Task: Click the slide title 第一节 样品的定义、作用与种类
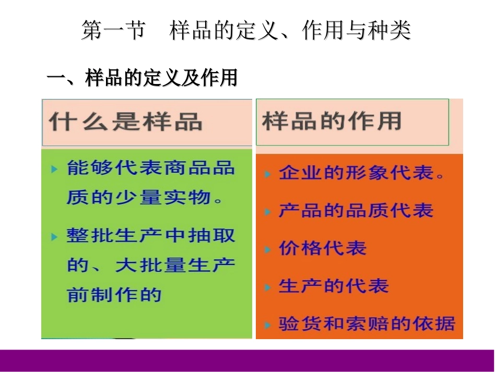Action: [246, 31]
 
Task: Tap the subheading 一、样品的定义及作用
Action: [143, 78]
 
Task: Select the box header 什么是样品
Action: [126, 122]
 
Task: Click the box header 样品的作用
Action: [332, 121]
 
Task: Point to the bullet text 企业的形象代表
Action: [362, 173]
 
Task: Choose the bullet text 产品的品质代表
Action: [356, 211]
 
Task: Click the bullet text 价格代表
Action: [322, 248]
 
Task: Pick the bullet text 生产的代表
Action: [333, 286]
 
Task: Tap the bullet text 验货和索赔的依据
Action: [367, 323]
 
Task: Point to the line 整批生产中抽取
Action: [150, 235]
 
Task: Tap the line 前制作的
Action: [114, 295]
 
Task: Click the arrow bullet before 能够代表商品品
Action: [54, 169]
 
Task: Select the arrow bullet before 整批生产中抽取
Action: [54, 236]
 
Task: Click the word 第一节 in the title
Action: [113, 31]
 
